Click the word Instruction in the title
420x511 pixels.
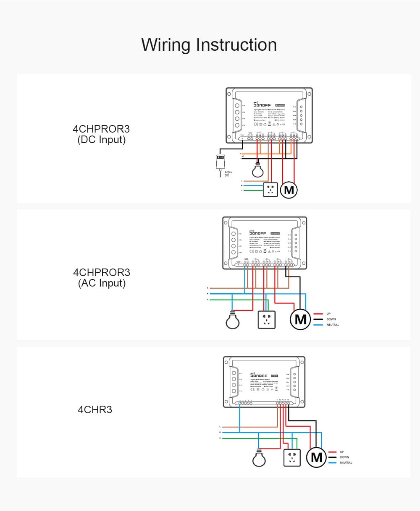(x=236, y=44)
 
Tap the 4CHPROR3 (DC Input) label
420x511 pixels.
(x=101, y=134)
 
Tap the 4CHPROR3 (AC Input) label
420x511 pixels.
(x=102, y=277)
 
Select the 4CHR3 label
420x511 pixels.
(x=95, y=409)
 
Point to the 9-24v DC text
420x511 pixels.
(x=228, y=174)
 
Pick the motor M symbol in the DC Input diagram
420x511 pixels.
(x=289, y=190)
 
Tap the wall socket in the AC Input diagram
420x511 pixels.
(x=266, y=320)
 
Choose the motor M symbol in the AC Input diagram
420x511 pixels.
(x=300, y=320)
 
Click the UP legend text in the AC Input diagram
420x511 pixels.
(x=328, y=313)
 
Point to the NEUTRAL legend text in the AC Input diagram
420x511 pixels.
(x=333, y=325)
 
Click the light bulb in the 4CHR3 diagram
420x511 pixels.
(x=259, y=459)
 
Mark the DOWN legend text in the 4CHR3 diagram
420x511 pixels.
(x=344, y=457)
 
